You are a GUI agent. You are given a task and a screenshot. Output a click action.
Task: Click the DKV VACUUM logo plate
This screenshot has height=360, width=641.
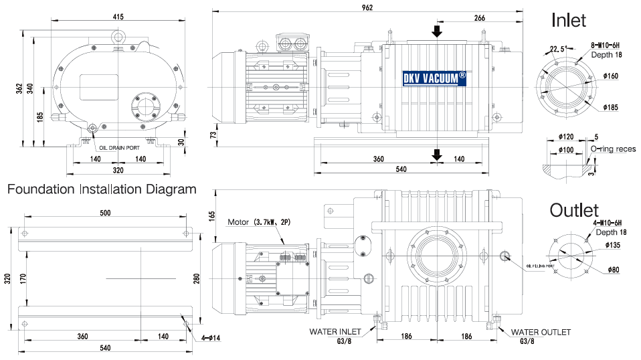pos(434,78)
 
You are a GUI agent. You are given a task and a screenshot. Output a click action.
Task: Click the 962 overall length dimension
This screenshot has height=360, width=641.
pos(367,7)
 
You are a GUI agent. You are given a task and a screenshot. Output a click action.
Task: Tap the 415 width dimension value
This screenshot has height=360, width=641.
pos(118,17)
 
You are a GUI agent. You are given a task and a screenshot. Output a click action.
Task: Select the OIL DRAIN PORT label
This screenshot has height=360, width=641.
pos(121,148)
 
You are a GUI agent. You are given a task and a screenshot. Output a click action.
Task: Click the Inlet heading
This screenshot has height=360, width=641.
pos(568,20)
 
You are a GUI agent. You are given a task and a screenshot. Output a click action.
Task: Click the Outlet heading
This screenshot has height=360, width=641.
pos(574,210)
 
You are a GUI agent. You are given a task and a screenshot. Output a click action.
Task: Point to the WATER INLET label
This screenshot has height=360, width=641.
pos(335,331)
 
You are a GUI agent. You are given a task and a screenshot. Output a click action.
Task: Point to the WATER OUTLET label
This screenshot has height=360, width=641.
pos(541,332)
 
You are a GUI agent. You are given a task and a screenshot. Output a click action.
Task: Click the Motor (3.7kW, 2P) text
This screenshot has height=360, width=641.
pos(260,222)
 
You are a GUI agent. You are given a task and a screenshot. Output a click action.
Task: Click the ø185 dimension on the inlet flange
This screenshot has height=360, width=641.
pos(610,107)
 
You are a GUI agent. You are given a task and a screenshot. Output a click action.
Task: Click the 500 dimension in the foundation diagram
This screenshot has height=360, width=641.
pos(106,213)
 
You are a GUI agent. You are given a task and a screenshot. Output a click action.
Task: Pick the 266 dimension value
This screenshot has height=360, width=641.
pos(479,19)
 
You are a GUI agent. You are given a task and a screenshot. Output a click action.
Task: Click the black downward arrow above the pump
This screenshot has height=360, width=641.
pos(436,31)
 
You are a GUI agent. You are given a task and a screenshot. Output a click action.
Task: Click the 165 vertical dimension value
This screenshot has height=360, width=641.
pos(211,216)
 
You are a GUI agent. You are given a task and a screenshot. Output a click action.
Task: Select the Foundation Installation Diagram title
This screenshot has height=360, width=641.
pos(102,189)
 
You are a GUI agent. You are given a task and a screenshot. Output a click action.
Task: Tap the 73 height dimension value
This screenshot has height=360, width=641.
pos(213,134)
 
